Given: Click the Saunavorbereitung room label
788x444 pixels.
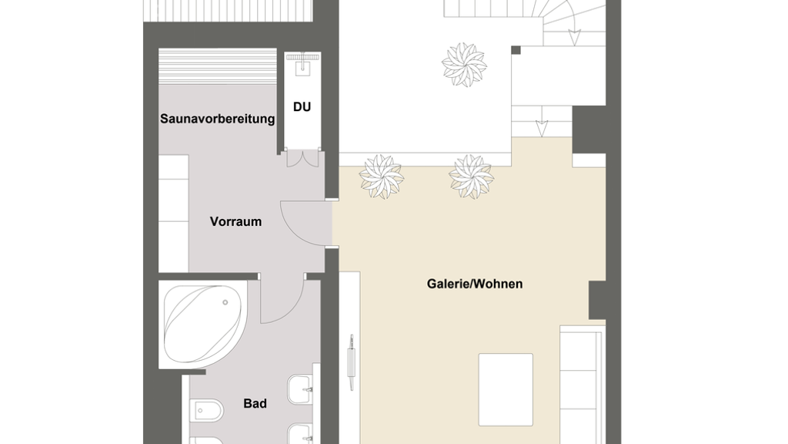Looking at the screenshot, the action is pyautogui.click(x=217, y=119).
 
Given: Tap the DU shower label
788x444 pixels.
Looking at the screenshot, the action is pyautogui.click(x=302, y=106).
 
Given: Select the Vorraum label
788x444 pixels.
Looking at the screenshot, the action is pyautogui.click(x=235, y=221).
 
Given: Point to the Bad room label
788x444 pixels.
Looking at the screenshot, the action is pyautogui.click(x=255, y=403).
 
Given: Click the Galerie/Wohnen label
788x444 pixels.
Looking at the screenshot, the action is pyautogui.click(x=475, y=284).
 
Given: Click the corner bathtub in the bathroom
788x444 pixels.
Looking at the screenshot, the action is pyautogui.click(x=203, y=325).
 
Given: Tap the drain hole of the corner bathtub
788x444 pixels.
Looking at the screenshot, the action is pyautogui.click(x=225, y=302).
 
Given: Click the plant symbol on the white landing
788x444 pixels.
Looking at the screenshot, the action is pyautogui.click(x=464, y=65).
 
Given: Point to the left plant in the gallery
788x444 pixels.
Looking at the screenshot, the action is pyautogui.click(x=381, y=177).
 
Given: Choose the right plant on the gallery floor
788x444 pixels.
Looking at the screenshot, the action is pyautogui.click(x=471, y=177).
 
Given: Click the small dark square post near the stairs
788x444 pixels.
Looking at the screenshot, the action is pyautogui.click(x=516, y=50).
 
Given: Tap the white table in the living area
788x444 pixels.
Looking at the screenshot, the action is pyautogui.click(x=506, y=389).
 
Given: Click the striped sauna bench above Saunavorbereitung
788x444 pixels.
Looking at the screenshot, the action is pyautogui.click(x=218, y=66).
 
